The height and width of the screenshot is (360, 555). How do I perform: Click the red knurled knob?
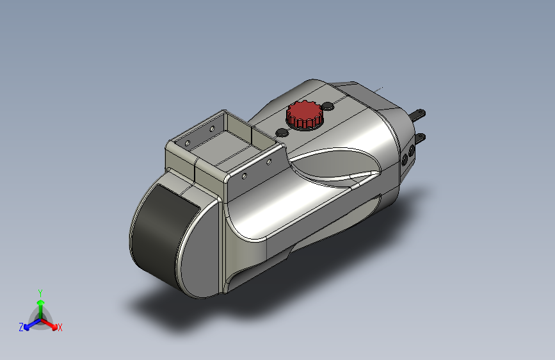click(305, 114)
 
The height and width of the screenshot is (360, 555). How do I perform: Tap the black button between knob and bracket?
click(282, 133)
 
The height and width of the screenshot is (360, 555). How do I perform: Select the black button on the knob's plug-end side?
click(328, 106)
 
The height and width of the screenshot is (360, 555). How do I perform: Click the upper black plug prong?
click(418, 115)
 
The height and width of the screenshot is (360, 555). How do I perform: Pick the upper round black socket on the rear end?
click(412, 151)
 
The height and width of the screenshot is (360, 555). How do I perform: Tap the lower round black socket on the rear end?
click(405, 161)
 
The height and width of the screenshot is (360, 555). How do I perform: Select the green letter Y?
click(40, 293)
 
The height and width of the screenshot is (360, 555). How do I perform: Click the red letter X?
click(60, 327)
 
